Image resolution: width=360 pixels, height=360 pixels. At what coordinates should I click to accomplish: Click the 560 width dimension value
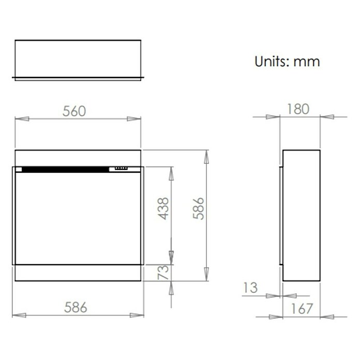pos(74,111)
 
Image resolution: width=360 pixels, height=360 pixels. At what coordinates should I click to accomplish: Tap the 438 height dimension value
pos(163,208)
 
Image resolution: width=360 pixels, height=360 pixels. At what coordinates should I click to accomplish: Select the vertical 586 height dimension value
pos(198,208)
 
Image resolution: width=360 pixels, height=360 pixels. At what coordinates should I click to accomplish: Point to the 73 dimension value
pos(163,272)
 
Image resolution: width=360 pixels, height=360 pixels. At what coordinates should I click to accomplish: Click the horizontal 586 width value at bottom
pos(76,307)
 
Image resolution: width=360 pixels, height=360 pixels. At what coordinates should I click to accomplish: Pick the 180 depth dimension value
pos(298,109)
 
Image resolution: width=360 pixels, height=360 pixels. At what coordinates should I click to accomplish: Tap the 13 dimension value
pos(250,288)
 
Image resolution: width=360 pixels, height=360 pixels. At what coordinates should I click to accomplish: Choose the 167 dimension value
pos(302,309)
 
